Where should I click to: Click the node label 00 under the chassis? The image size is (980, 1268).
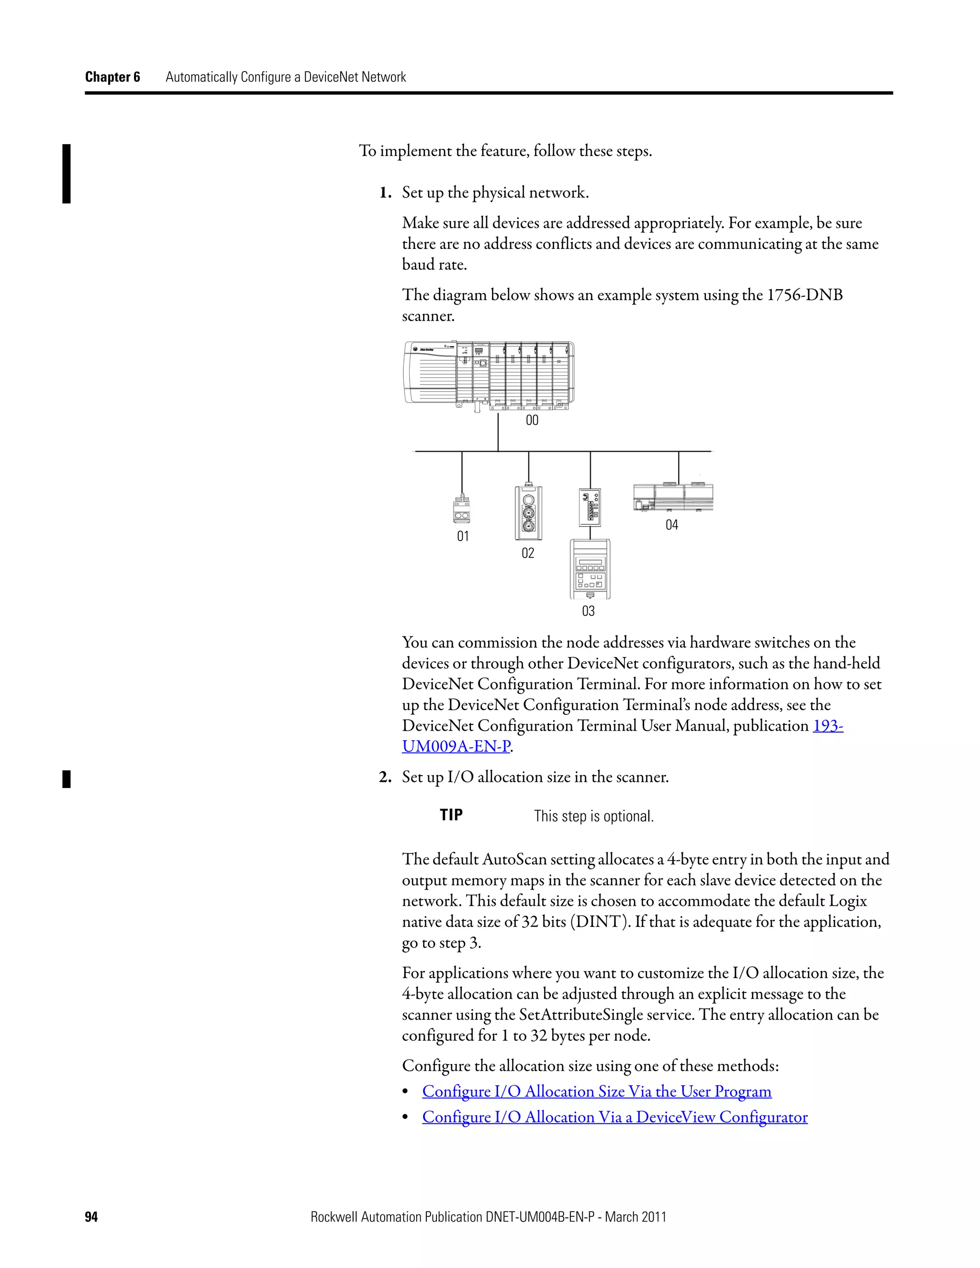coord(532,420)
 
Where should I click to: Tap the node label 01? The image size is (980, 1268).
coord(463,536)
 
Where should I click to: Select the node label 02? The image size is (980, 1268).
coord(528,553)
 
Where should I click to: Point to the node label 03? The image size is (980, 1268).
coord(588,612)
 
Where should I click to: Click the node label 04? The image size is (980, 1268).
coord(672,525)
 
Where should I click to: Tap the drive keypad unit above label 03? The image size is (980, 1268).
coord(590,569)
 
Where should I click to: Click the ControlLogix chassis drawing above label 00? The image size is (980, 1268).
coord(489,375)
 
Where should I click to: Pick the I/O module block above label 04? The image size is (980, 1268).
coord(673,497)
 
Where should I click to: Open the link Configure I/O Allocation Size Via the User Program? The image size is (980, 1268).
coord(596,1091)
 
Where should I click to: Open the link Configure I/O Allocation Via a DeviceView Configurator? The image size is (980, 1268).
coord(614,1117)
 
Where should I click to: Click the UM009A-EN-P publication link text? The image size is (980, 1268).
coord(456,746)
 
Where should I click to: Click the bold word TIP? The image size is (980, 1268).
coord(451,815)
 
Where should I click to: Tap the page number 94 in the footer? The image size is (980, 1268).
coord(91,1217)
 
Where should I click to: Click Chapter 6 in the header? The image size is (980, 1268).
coord(112,77)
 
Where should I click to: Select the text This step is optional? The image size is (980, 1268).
coord(593,816)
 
